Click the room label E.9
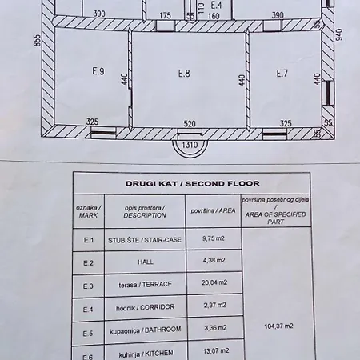[x=98, y=71]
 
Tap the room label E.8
[x=184, y=73]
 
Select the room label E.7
[x=282, y=73]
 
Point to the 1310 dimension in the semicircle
[x=190, y=145]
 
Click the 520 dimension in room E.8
[x=190, y=124]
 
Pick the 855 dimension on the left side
[x=38, y=40]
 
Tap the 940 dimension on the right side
[x=338, y=35]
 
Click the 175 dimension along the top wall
[x=165, y=15]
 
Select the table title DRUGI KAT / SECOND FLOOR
[x=193, y=183]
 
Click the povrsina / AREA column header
[x=213, y=211]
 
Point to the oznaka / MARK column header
[x=88, y=211]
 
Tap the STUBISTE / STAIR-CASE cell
[x=145, y=240]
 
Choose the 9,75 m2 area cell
[x=214, y=238]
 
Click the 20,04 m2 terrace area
[x=214, y=282]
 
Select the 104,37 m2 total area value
[x=278, y=326]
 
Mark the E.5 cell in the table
[x=88, y=334]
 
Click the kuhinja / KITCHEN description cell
[x=146, y=354]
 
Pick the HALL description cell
[x=146, y=262]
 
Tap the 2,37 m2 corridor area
[x=215, y=305]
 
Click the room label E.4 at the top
[x=216, y=5]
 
